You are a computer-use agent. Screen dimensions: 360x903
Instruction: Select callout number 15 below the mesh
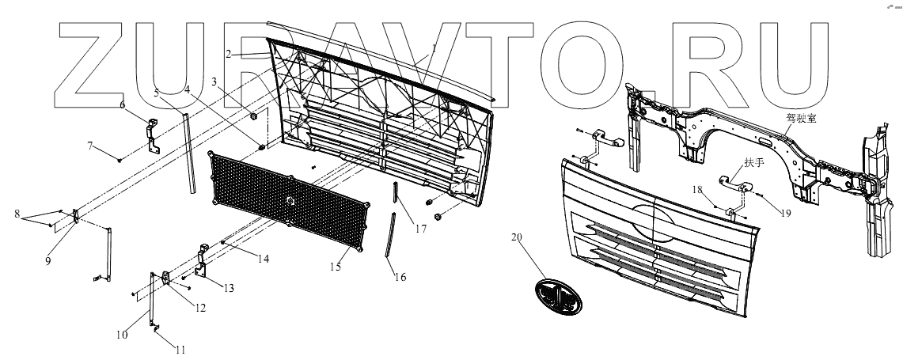tap(336, 267)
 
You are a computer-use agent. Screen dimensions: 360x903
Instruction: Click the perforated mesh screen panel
tap(291, 202)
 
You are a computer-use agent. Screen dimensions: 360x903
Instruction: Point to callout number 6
tap(123, 104)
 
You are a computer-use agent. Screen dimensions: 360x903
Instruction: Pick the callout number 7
tap(90, 146)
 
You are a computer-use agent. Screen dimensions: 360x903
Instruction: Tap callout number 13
tap(229, 288)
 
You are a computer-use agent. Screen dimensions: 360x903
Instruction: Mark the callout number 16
tap(400, 278)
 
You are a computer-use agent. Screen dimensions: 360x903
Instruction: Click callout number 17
tap(419, 229)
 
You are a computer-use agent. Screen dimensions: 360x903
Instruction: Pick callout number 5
tap(157, 93)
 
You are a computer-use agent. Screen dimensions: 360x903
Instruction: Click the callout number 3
tap(214, 81)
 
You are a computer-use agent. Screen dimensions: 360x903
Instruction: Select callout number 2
tap(227, 54)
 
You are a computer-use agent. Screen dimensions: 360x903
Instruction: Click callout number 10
tap(122, 335)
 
